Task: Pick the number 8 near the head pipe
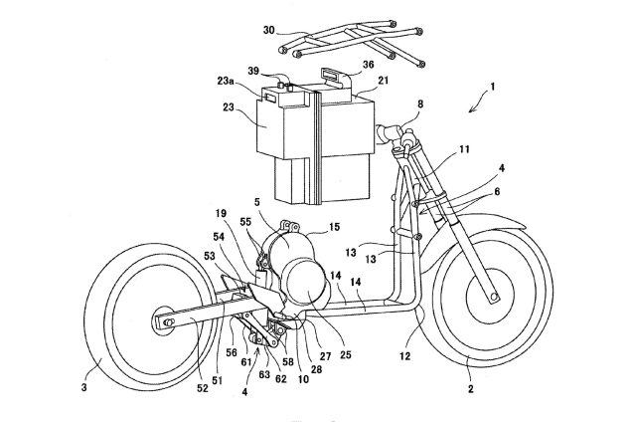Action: (420, 104)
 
